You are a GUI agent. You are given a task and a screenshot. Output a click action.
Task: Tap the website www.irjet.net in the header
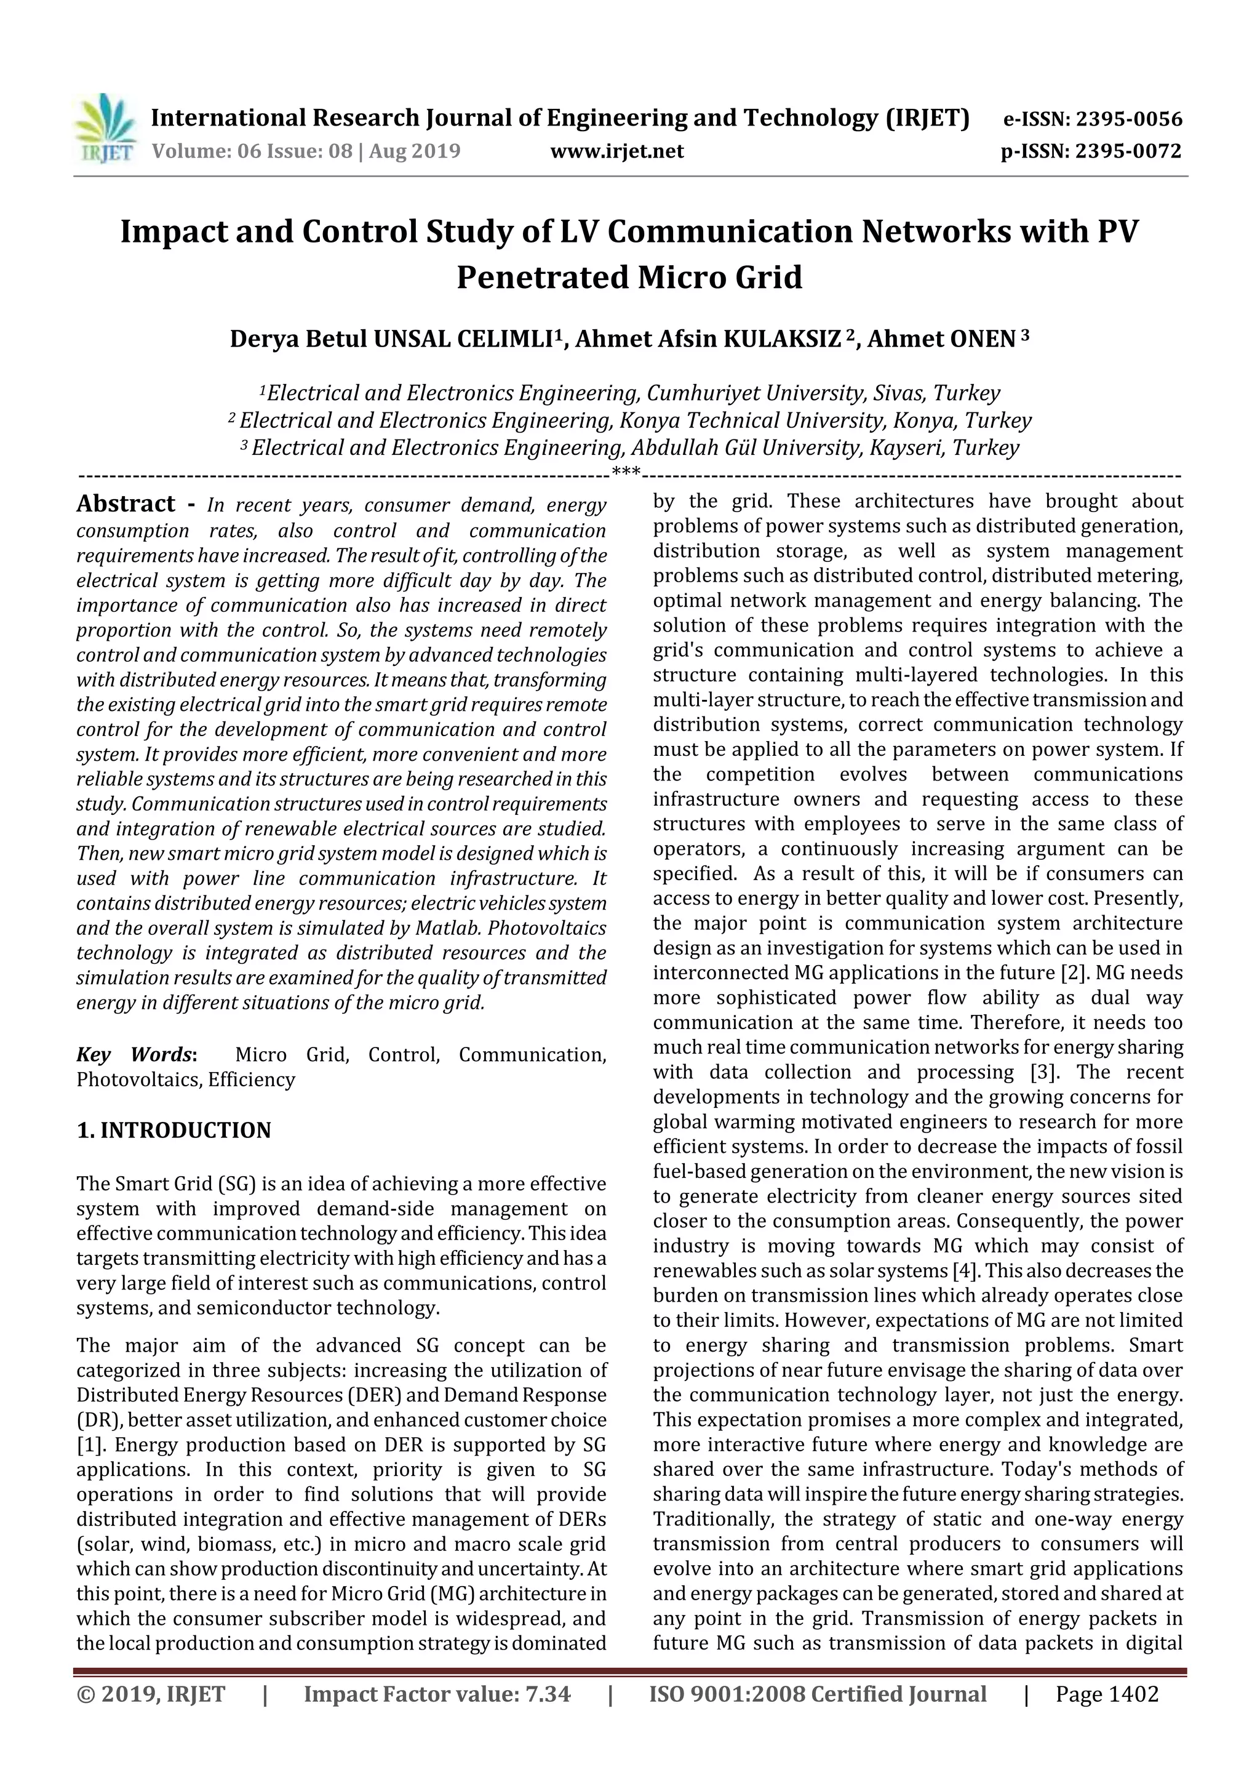[616, 151]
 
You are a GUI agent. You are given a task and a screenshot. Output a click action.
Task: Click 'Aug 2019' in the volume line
[415, 151]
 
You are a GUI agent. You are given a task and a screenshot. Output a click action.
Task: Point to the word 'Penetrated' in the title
[543, 277]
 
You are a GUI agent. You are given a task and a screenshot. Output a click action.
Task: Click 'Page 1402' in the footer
[1106, 1694]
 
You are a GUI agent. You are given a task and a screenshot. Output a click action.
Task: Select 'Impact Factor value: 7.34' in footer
[437, 1694]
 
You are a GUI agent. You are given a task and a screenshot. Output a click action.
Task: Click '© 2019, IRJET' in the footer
[151, 1694]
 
